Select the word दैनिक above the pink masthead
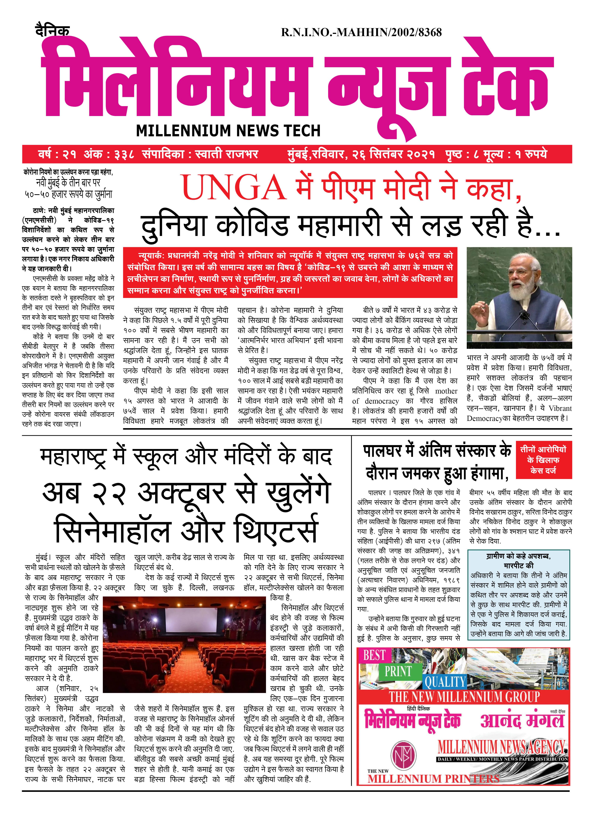pos(53,31)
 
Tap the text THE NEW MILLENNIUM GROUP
pos(464,697)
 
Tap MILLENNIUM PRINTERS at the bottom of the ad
pos(433,779)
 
